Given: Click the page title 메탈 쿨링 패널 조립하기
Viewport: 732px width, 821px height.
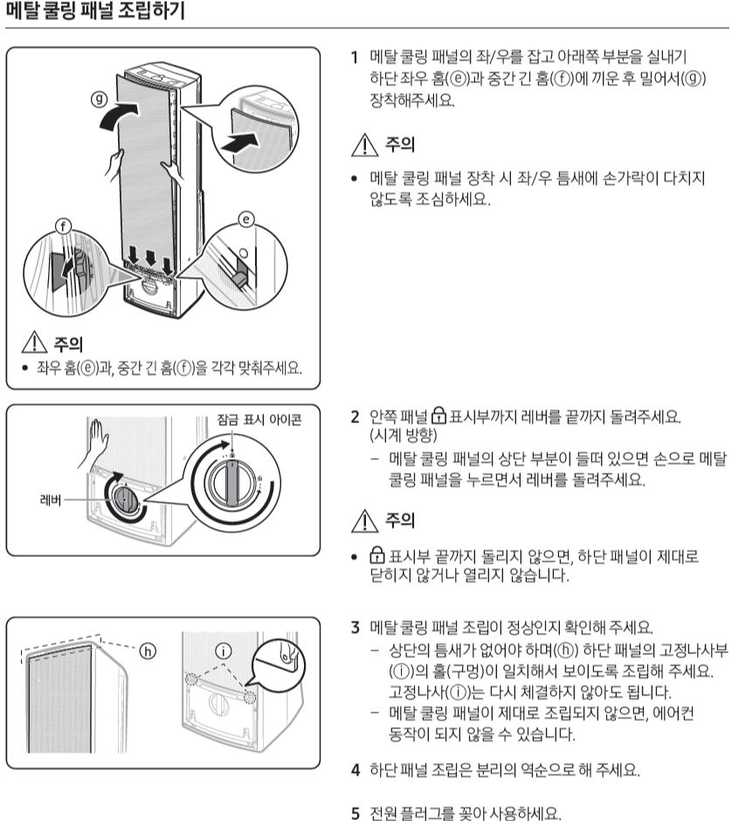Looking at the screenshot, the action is click(96, 10).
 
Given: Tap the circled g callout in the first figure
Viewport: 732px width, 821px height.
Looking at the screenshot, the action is click(99, 99).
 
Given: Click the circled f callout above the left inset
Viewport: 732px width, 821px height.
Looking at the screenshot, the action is click(63, 226).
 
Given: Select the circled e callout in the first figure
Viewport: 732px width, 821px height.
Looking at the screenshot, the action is click(246, 219).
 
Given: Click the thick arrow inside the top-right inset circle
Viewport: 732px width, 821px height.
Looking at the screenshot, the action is click(240, 142).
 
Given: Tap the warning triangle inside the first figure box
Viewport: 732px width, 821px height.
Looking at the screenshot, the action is click(35, 342).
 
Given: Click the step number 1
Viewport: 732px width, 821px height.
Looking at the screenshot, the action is click(355, 57).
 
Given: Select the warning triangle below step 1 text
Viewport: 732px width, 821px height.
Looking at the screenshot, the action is click(364, 145).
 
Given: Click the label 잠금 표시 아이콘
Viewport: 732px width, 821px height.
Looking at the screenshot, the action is click(259, 420).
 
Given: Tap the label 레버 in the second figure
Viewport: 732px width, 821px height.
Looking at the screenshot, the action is click(51, 500).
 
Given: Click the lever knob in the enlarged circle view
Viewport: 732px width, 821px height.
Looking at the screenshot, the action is click(231, 481).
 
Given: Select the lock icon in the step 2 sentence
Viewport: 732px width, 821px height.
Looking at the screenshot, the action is click(439, 415).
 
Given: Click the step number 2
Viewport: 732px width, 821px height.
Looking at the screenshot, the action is click(356, 417).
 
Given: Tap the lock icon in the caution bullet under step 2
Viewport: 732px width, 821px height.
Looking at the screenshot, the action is click(376, 555).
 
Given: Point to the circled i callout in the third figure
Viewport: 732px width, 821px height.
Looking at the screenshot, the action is click(224, 651).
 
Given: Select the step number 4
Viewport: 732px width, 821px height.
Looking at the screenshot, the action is click(356, 770).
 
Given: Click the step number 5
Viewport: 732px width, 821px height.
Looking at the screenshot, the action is click(356, 813).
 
